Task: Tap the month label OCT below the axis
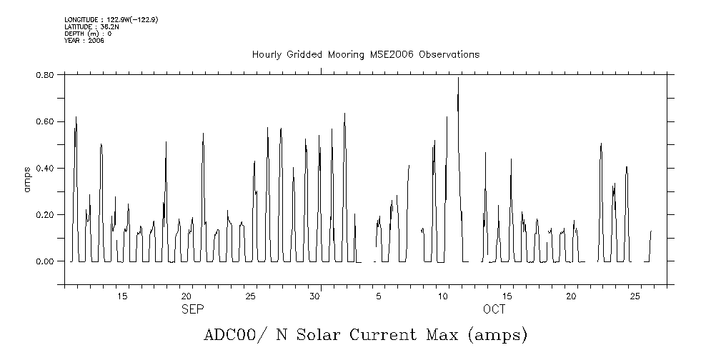(494, 309)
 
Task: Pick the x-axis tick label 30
(314, 296)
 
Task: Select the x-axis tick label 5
(379, 296)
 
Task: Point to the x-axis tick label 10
(443, 296)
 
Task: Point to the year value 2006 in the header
(96, 41)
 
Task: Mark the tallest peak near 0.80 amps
(458, 78)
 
